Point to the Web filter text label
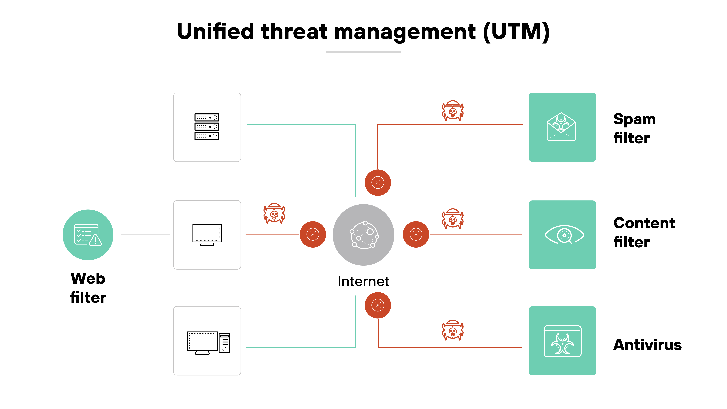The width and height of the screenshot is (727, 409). (x=88, y=288)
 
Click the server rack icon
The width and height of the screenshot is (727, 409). (x=207, y=127)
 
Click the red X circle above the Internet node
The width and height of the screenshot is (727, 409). (x=378, y=183)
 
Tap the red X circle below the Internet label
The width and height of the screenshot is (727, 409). (x=378, y=305)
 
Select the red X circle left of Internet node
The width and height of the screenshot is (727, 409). (x=313, y=234)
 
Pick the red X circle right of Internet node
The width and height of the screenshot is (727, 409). (x=416, y=234)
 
